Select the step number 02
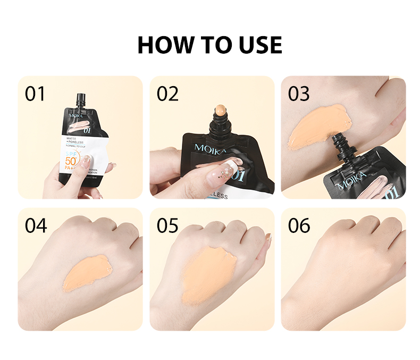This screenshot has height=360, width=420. click(x=167, y=94)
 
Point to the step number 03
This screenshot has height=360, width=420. click(x=299, y=94)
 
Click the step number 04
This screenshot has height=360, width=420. click(x=35, y=225)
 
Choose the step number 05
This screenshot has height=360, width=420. click(x=167, y=225)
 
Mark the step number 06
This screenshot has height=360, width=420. click(x=299, y=225)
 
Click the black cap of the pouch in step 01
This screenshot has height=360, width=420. click(x=81, y=99)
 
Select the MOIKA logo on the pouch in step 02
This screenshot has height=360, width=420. click(x=210, y=147)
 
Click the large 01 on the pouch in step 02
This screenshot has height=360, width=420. click(x=236, y=176)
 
